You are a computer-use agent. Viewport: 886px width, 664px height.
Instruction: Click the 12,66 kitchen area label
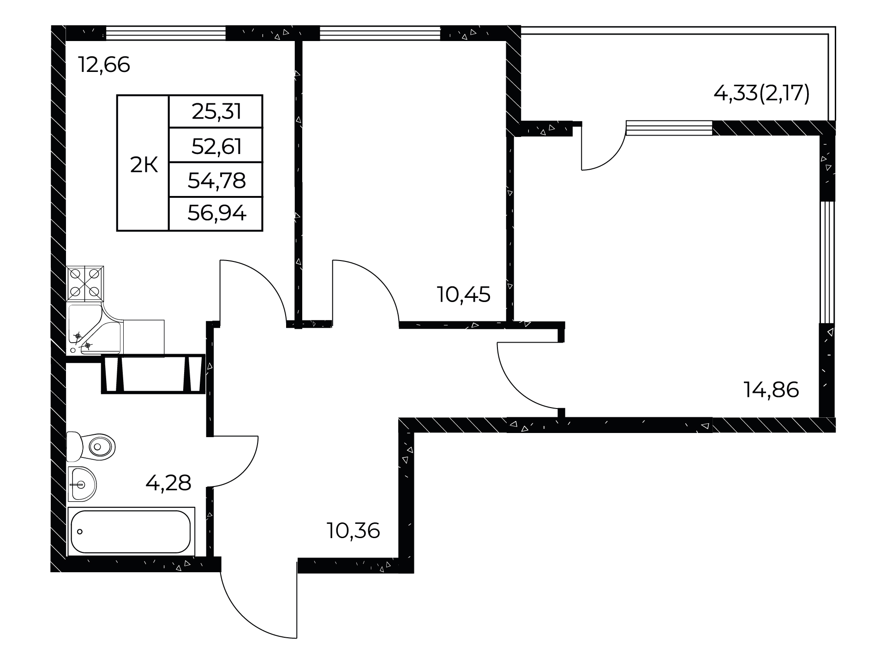104,65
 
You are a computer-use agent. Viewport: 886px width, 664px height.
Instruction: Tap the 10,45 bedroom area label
464,294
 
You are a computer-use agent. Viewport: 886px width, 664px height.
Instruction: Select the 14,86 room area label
771,390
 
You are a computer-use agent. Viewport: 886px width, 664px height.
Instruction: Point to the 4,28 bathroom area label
168,483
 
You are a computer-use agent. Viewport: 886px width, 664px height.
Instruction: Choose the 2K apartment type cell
144,165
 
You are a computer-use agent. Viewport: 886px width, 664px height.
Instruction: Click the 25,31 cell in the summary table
216,112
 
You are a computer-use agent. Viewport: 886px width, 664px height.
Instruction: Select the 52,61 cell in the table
216,146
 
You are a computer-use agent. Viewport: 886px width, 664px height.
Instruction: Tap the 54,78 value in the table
216,180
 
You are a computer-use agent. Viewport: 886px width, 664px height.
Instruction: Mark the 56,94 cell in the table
216,214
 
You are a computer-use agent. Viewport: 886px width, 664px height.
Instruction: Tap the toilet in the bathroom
90,446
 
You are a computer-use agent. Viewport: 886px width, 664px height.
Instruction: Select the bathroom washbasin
82,484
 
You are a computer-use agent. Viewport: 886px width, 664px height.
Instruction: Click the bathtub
131,532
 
